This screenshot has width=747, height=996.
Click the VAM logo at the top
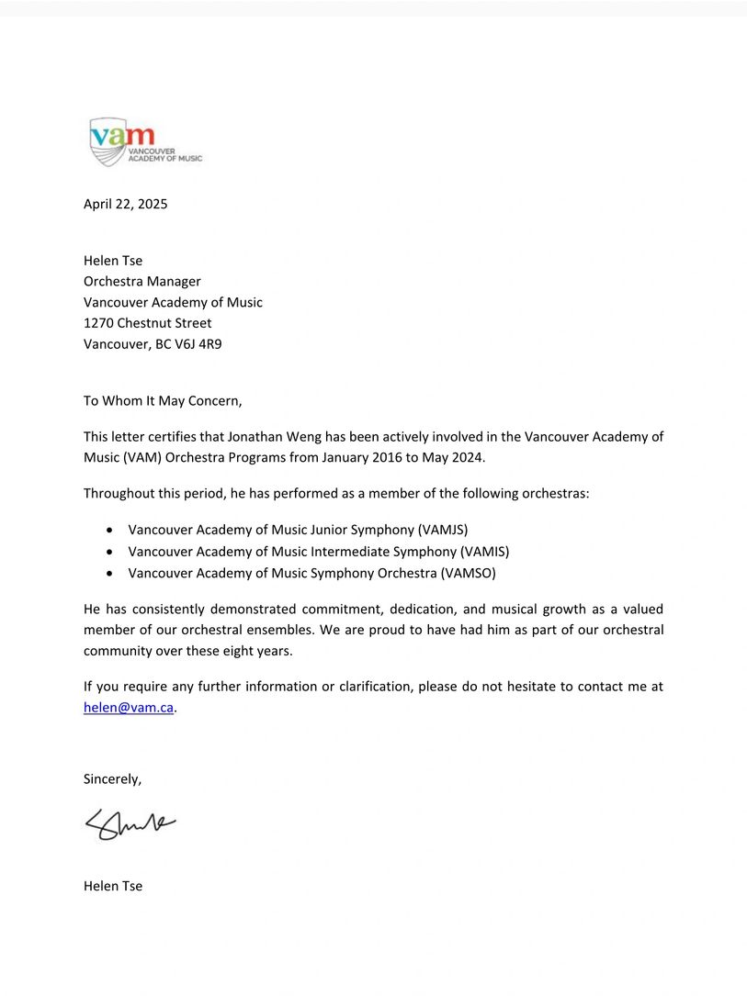[x=145, y=142]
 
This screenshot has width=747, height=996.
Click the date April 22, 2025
[x=126, y=204]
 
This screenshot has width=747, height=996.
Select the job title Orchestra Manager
[x=142, y=281]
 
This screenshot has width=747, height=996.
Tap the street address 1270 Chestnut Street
[x=148, y=323]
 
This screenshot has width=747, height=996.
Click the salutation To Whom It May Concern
[x=163, y=400]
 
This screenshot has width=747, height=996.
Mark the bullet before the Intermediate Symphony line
[x=110, y=552]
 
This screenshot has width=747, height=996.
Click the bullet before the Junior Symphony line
[x=110, y=530]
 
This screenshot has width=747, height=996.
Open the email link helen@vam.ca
[x=129, y=708]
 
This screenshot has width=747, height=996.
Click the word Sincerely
[x=112, y=779]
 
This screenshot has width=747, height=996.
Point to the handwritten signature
[x=130, y=825]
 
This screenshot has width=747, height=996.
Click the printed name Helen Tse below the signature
[x=113, y=886]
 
